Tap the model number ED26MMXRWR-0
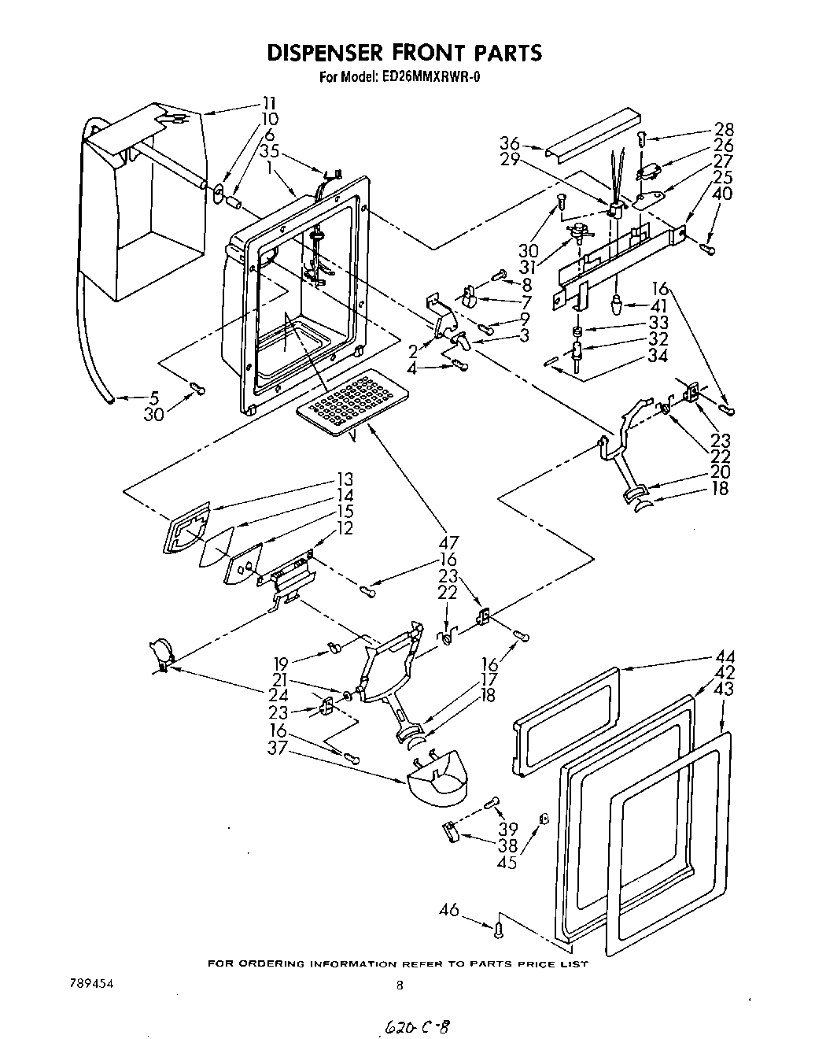tap(432, 77)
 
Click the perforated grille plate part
tap(348, 401)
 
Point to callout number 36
tap(510, 143)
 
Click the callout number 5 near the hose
tap(155, 398)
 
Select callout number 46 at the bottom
tap(449, 910)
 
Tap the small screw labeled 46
tap(499, 931)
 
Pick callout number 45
tap(507, 863)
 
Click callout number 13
tap(343, 479)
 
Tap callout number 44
tap(724, 657)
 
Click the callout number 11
tap(270, 102)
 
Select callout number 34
tap(658, 357)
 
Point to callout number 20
tap(720, 471)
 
